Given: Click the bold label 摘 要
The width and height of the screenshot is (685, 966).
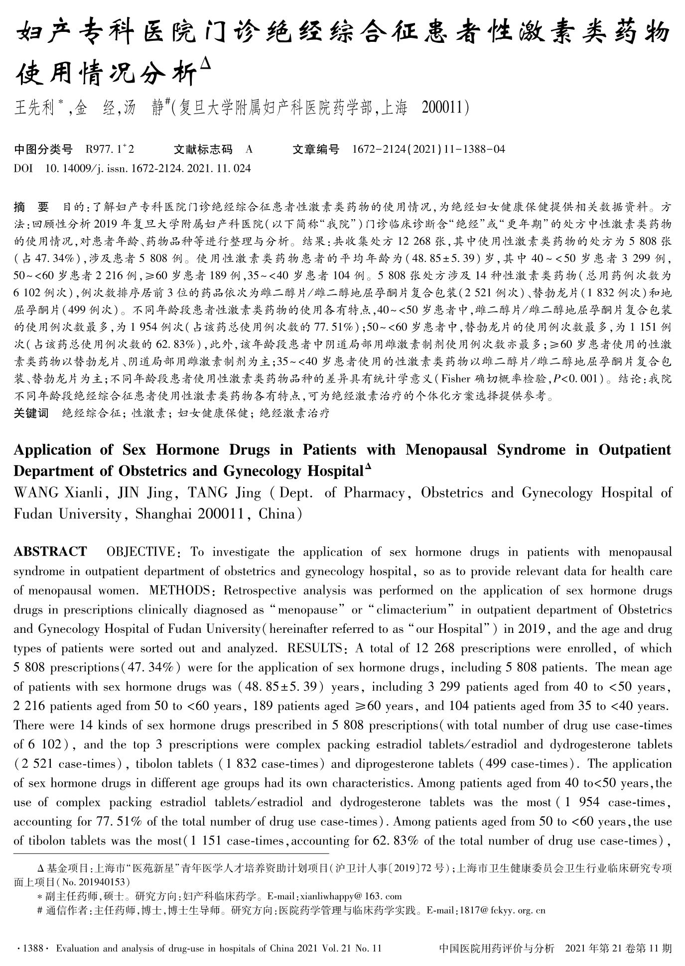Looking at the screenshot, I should coord(31,206).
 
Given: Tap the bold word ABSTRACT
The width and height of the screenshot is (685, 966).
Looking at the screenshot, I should coord(50,552).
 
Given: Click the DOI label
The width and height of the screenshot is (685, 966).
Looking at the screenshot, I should coord(23,168).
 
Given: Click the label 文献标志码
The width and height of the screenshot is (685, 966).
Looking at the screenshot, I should coord(203,149).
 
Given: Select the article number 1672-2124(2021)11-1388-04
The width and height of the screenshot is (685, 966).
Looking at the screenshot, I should coord(428,149).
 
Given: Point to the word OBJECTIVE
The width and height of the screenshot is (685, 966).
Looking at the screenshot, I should coord(140,552).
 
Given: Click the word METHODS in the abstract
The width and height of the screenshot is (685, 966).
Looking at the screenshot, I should coord(179,591).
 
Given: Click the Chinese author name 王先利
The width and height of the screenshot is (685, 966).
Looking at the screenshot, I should coord(34,108).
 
